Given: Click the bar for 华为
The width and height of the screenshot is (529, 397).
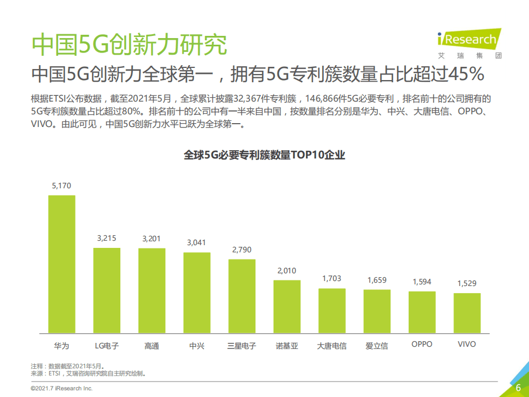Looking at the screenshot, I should click(61, 264).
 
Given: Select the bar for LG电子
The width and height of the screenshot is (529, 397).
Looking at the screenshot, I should click(106, 291).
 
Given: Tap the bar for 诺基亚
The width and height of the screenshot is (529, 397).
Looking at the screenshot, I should click(287, 307).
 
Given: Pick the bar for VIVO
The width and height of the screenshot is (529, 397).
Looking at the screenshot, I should click(467, 313).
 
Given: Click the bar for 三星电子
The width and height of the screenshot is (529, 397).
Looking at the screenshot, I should click(242, 297).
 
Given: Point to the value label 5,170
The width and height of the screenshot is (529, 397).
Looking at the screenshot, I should click(61, 186).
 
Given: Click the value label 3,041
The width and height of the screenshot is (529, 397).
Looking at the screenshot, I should click(197, 242).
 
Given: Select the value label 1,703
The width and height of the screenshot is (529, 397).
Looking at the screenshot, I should click(332, 279).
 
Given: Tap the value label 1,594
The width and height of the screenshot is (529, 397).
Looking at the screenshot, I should click(422, 282).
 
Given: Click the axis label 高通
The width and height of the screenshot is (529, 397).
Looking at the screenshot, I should click(152, 346).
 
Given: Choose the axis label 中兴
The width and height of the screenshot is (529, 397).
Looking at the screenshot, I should click(197, 346).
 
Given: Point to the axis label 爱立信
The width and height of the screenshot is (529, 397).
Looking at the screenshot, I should click(377, 346).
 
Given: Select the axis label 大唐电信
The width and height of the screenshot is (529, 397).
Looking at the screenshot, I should click(332, 346).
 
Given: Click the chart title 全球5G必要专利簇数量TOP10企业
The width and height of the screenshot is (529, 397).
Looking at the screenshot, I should click(264, 155).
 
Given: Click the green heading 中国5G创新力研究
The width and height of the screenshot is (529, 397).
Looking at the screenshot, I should click(129, 44).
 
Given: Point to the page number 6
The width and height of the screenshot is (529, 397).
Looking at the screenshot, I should click(518, 387).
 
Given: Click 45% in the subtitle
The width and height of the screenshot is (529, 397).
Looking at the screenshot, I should click(467, 73).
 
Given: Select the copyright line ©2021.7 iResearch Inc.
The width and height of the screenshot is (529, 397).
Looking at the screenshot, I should click(61, 389).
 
